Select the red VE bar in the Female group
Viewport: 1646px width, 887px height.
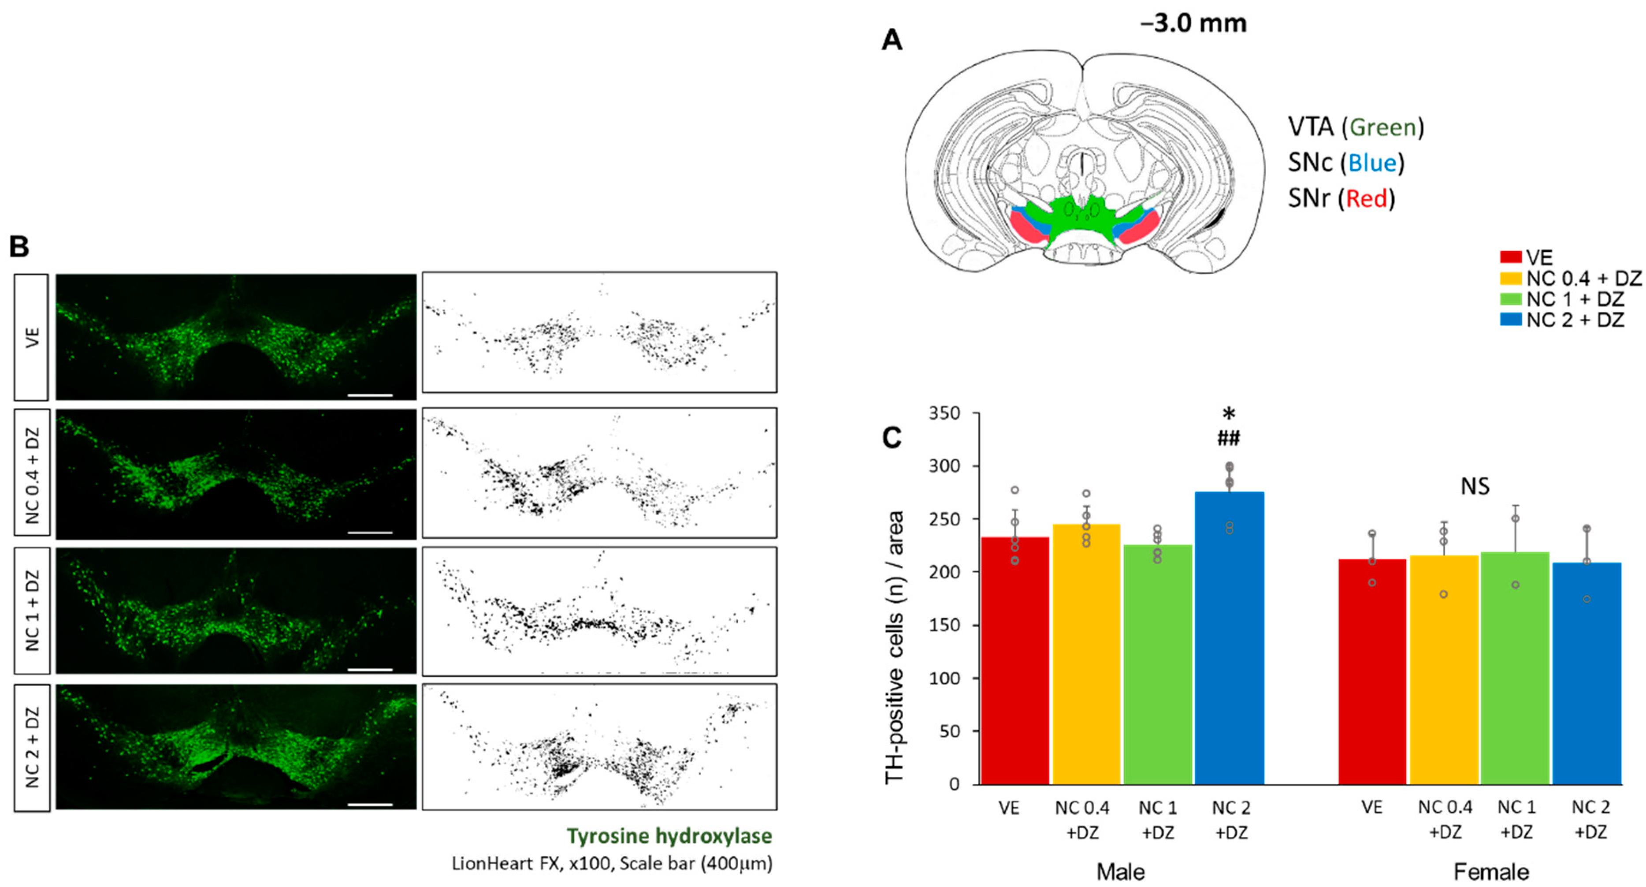click(1372, 671)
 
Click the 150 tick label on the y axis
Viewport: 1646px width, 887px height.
click(944, 625)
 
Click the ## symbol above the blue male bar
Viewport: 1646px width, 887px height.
click(1228, 438)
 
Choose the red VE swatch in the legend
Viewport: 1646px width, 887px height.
click(1510, 257)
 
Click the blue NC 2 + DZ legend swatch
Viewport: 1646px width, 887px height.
click(1510, 319)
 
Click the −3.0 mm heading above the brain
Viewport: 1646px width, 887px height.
click(1193, 24)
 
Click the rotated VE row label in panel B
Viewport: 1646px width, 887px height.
click(32, 337)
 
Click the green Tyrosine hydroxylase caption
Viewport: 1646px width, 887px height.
click(669, 836)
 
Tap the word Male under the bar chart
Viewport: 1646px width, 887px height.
click(1120, 872)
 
